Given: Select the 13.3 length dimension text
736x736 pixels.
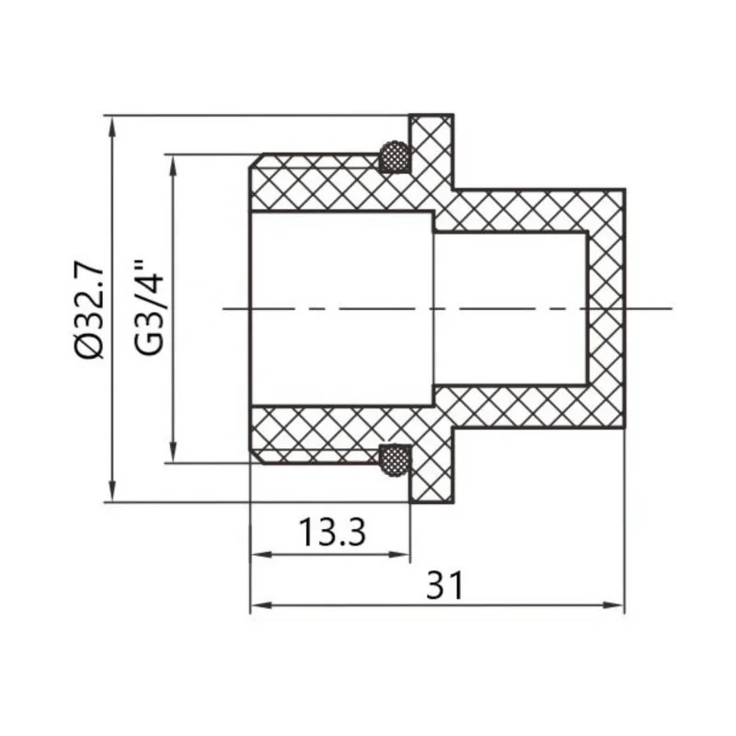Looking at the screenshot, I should [332, 532].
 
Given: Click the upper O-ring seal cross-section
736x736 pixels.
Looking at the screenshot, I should [395, 157].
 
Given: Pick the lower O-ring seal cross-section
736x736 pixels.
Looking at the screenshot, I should [395, 459].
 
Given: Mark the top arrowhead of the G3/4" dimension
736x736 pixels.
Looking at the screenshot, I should [171, 162].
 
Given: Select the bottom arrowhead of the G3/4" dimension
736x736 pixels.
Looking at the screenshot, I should [171, 454].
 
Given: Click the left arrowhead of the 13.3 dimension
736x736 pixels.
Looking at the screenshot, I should [259, 555].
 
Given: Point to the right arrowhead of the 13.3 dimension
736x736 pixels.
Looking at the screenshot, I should [402, 555].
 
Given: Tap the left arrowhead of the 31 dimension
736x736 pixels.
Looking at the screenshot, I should [259, 606].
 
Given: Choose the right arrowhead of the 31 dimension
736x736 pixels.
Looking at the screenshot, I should [616, 606].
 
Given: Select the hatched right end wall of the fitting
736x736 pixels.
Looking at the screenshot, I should [606, 308].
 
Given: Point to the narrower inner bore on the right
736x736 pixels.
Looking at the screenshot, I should [511, 308].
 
